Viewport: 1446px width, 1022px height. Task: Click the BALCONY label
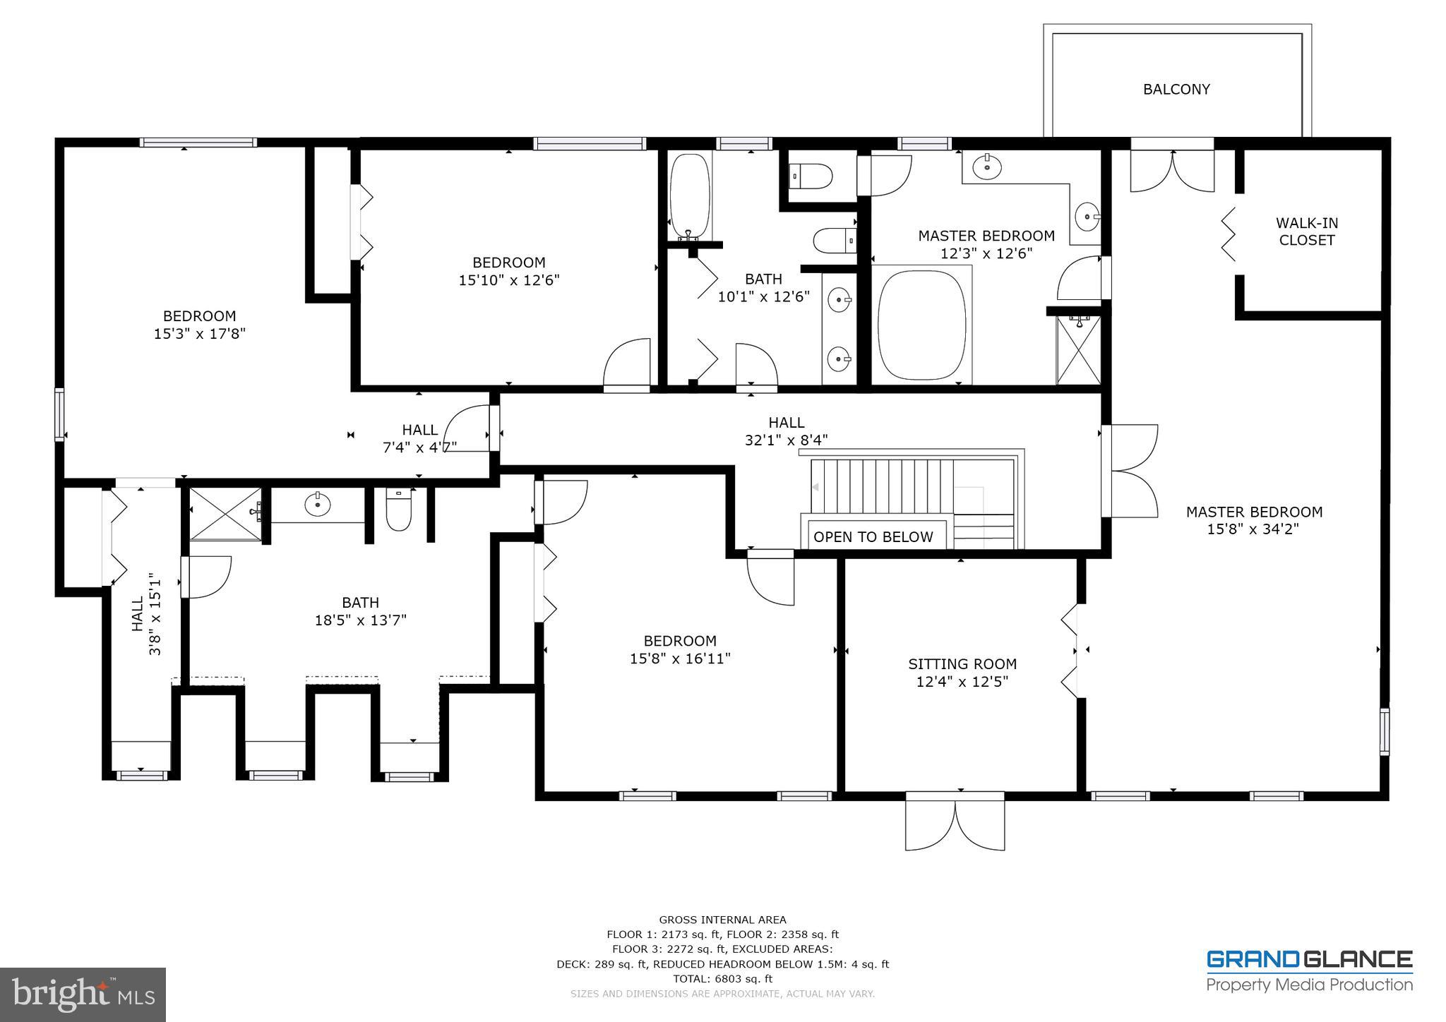click(1176, 90)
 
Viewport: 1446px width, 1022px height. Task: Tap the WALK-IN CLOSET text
click(1306, 232)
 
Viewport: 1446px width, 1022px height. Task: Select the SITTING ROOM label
click(962, 664)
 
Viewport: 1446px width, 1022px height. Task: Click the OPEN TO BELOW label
click(873, 537)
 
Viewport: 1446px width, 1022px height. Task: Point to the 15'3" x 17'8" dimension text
click(199, 334)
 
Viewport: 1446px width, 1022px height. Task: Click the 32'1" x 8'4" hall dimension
click(786, 440)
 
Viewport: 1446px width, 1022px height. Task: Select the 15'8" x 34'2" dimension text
click(1253, 529)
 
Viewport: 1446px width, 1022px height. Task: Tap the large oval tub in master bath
click(921, 325)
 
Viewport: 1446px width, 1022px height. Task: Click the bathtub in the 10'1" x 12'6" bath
click(689, 196)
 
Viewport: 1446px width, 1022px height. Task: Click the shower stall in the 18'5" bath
click(225, 513)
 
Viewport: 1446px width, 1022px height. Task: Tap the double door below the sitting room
click(955, 822)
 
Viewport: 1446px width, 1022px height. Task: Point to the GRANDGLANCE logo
click(1309, 960)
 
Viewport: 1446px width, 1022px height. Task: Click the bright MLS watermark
click(83, 994)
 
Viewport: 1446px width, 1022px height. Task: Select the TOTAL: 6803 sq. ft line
click(722, 979)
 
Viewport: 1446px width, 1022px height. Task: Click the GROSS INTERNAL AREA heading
click(722, 920)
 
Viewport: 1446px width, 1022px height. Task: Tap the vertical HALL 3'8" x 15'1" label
click(146, 613)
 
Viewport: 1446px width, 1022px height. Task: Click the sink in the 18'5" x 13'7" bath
click(318, 504)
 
